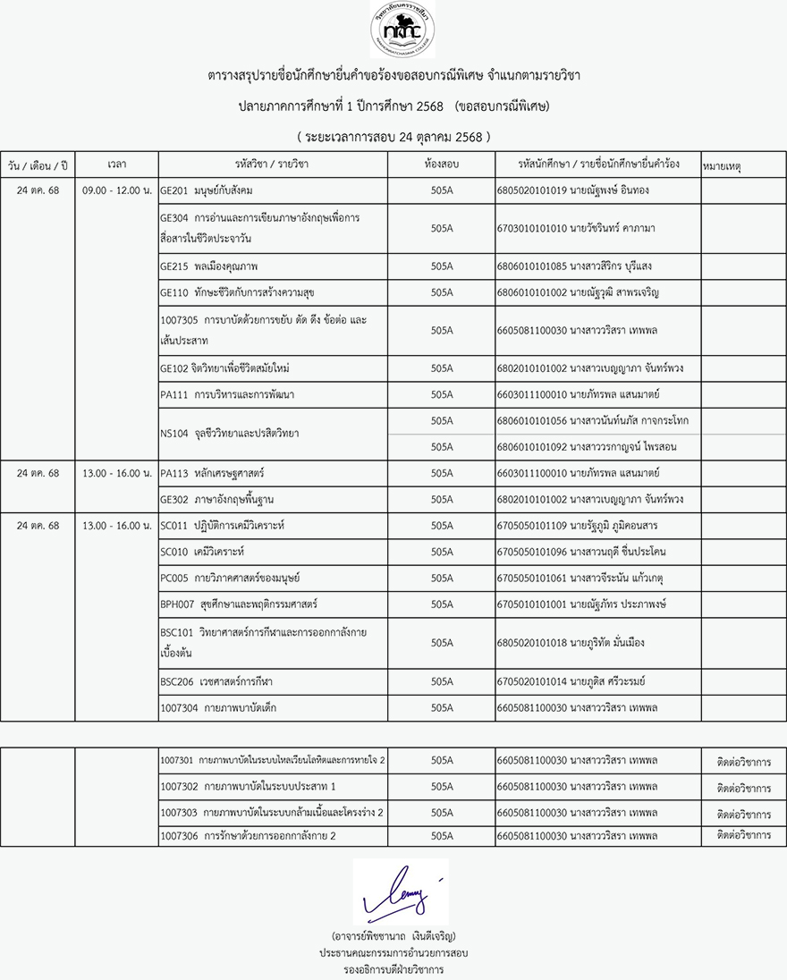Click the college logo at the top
pyautogui.click(x=402, y=30)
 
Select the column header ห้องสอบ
pyautogui.click(x=442, y=165)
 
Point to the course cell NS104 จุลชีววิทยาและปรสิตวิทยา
pyautogui.click(x=229, y=434)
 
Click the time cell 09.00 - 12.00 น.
pyautogui.click(x=116, y=190)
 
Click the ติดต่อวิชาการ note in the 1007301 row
pyautogui.click(x=744, y=762)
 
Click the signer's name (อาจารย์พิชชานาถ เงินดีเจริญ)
pyautogui.click(x=393, y=936)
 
